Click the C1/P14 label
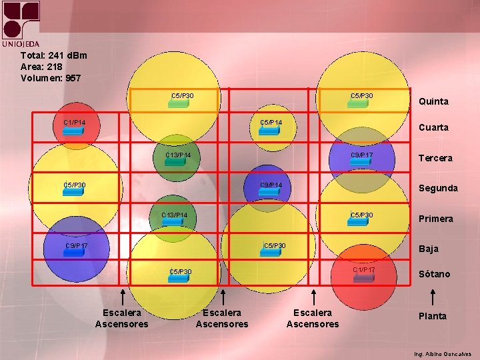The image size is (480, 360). click(74, 123)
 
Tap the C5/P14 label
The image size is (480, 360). click(271, 123)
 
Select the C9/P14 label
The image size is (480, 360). click(271, 185)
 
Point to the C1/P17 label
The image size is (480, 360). click(364, 270)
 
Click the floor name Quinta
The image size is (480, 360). click(433, 101)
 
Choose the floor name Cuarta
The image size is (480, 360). click(433, 127)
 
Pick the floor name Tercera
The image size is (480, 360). click(435, 158)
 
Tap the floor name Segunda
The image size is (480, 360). click(437, 188)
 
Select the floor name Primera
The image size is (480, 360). click(435, 219)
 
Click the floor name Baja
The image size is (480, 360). click(428, 249)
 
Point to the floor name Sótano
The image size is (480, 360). click(434, 274)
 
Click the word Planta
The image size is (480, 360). click(432, 316)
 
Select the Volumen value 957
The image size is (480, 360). click(73, 78)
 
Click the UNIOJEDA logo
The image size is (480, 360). click(21, 23)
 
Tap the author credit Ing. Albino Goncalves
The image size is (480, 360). click(442, 354)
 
